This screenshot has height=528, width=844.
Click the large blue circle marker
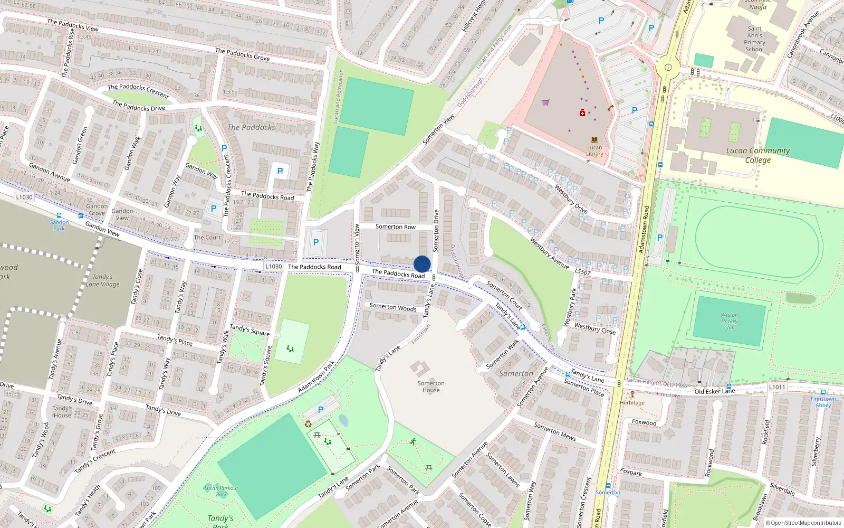[x=422, y=264]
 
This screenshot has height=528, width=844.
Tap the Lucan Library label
[x=594, y=151]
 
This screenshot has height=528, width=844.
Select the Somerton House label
[x=431, y=386]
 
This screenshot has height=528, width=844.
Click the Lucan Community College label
[x=757, y=155]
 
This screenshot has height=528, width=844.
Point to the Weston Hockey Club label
[x=729, y=321]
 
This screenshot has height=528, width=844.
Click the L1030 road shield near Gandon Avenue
[x=24, y=197]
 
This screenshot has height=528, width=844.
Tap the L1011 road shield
[x=777, y=387]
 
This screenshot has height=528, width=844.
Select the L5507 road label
[x=582, y=272]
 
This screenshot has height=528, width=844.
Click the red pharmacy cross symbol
[x=582, y=112]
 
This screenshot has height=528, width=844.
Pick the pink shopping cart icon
[x=545, y=102]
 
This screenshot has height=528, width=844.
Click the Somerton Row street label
[x=395, y=227]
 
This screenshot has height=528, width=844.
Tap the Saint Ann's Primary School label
[x=754, y=39]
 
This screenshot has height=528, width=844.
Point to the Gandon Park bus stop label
[x=59, y=225]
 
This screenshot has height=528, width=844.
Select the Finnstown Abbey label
[x=823, y=402]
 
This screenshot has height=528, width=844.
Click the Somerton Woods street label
[x=392, y=307]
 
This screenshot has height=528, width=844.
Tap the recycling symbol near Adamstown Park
[x=308, y=423]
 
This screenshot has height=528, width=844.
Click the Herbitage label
[x=632, y=402]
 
